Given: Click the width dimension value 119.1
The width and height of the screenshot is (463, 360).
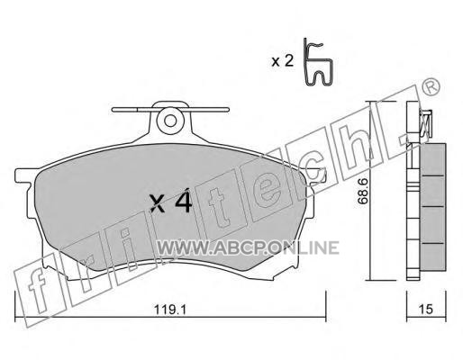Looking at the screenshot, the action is coord(170,310).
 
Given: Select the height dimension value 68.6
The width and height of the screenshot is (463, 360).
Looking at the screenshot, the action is coord(363,191).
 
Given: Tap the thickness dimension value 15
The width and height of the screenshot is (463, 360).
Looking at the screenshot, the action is coord(426,310).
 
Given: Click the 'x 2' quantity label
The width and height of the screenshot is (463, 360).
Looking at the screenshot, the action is coord(282,61).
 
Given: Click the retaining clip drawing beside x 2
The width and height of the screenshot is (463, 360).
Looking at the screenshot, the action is coord(318,62).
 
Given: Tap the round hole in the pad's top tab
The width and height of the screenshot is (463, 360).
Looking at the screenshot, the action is coord(170,121).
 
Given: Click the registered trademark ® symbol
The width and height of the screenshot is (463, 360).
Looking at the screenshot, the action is coord(431,86).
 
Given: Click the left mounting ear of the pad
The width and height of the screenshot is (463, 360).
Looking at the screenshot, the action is coord(24,177).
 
